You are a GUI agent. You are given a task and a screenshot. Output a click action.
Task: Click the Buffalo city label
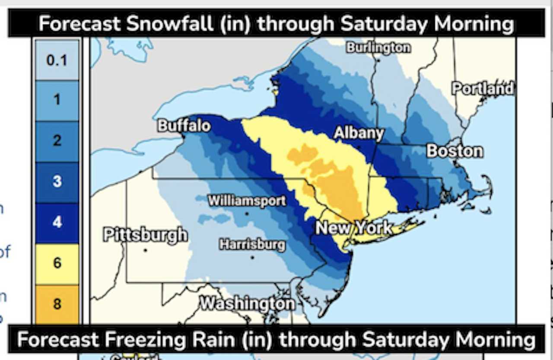184,126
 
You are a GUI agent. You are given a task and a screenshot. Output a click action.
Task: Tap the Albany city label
359,134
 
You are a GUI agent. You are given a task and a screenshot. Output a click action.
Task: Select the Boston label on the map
454,151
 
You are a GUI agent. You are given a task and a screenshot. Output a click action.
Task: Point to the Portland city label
483,89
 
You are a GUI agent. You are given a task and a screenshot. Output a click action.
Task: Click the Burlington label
378,48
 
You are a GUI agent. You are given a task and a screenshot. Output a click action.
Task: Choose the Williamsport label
247,201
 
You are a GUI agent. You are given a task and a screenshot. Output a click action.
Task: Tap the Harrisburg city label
252,245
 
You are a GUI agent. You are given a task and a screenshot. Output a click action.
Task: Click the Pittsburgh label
146,236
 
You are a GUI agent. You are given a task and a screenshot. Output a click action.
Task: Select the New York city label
354,228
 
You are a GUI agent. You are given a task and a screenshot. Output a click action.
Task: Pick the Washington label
247,303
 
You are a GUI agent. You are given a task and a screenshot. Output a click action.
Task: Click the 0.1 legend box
57,60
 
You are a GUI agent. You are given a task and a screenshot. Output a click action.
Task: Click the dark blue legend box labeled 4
57,223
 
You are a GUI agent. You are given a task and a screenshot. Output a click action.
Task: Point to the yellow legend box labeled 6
57,263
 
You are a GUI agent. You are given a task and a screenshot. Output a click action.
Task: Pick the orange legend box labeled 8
57,304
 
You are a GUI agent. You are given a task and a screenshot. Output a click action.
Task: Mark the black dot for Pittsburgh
145,250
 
